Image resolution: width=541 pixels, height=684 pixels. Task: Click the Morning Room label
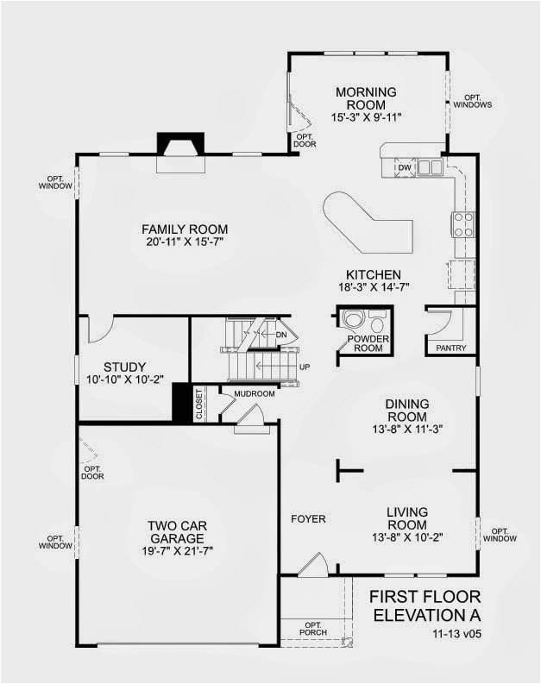tap(366, 98)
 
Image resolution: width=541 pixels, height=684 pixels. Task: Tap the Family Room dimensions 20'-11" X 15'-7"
tap(185, 243)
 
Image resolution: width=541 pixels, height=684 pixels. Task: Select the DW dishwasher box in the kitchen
tap(404, 167)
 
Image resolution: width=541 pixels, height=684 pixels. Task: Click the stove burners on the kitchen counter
tap(462, 224)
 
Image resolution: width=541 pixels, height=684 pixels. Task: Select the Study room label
tap(124, 366)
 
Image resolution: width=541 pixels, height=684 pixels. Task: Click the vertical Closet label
tap(199, 404)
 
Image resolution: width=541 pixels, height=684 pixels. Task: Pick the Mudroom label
tap(255, 394)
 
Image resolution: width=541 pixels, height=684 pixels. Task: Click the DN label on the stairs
tap(280, 334)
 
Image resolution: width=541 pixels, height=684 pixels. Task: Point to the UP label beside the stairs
tap(304, 366)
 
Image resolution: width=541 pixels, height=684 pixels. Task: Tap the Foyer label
tap(308, 518)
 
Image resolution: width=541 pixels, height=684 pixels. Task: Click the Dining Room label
tap(406, 410)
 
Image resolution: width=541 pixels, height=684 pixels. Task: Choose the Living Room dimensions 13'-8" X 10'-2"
tap(406, 537)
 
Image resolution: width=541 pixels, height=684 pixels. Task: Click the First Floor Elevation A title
tap(425, 606)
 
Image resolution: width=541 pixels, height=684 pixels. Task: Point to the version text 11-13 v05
tap(456, 634)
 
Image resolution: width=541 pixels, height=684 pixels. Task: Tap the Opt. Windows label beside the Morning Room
tap(473, 101)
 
